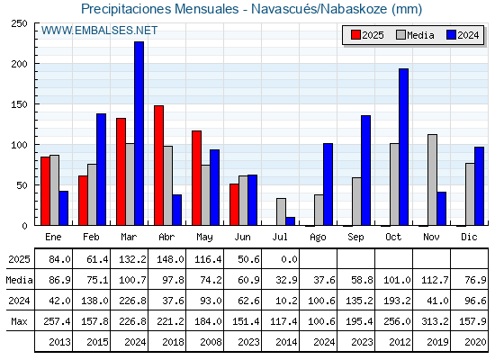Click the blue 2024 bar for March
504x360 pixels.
pyautogui.click(x=139, y=133)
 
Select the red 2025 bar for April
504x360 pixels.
pyautogui.click(x=158, y=166)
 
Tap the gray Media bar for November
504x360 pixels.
pyautogui.click(x=432, y=180)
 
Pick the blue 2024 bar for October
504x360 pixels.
pyautogui.click(x=404, y=147)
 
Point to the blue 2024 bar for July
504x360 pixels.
pyautogui.click(x=290, y=221)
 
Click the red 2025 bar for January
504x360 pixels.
pyautogui.click(x=45, y=191)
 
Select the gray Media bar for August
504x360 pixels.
pyautogui.click(x=319, y=210)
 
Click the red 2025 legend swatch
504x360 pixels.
pyautogui.click(x=355, y=35)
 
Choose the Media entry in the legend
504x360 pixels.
pyautogui.click(x=415, y=35)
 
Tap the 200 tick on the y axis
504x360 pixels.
pyautogui.click(x=19, y=64)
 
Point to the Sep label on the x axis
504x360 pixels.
pyautogui.click(x=355, y=238)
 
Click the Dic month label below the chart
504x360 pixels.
pyautogui.click(x=469, y=237)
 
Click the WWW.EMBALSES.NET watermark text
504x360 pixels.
pyautogui.click(x=99, y=31)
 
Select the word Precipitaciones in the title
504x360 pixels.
pyautogui.click(x=127, y=9)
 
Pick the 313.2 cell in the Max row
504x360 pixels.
pyautogui.click(x=435, y=321)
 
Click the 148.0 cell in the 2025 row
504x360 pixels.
pyautogui.click(x=170, y=259)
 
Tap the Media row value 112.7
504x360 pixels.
pyautogui.click(x=435, y=280)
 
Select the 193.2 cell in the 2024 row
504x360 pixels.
pyautogui.click(x=397, y=301)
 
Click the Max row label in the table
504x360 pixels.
pyautogui.click(x=19, y=321)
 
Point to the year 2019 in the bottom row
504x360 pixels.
pyautogui.click(x=437, y=342)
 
